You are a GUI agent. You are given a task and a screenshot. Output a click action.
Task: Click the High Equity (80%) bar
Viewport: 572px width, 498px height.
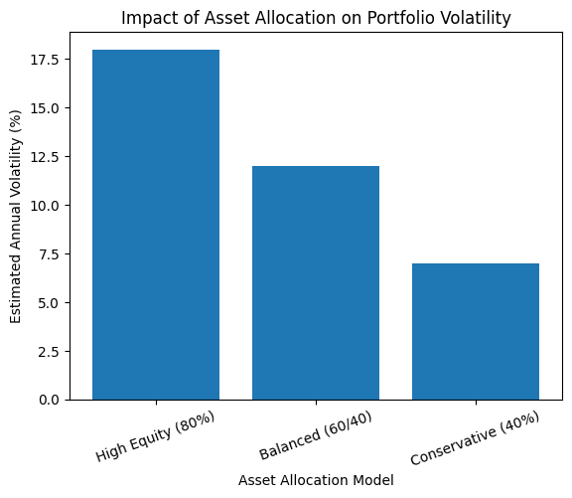[x=156, y=225]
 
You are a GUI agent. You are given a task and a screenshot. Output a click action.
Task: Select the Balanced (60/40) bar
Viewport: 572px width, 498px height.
[x=316, y=282]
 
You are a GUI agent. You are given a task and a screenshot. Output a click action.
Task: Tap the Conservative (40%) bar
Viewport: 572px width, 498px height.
[x=476, y=331]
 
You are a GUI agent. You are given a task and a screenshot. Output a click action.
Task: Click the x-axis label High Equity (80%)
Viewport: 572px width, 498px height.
[x=156, y=435]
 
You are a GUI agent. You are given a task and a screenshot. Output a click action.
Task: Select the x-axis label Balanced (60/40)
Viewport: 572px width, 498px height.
[x=316, y=435]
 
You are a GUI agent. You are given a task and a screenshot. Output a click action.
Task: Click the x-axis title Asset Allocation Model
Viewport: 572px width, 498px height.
[x=316, y=480]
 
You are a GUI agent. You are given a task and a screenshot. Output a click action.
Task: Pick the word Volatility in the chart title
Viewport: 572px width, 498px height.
[x=473, y=17]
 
